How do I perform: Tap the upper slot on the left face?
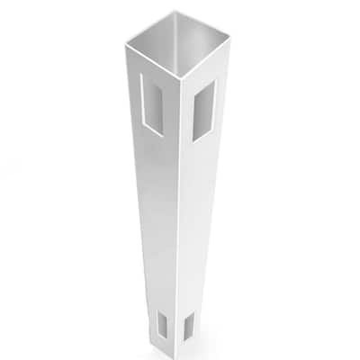point(152,103)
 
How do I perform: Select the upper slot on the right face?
point(205,109)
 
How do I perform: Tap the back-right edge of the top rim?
point(200,30)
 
